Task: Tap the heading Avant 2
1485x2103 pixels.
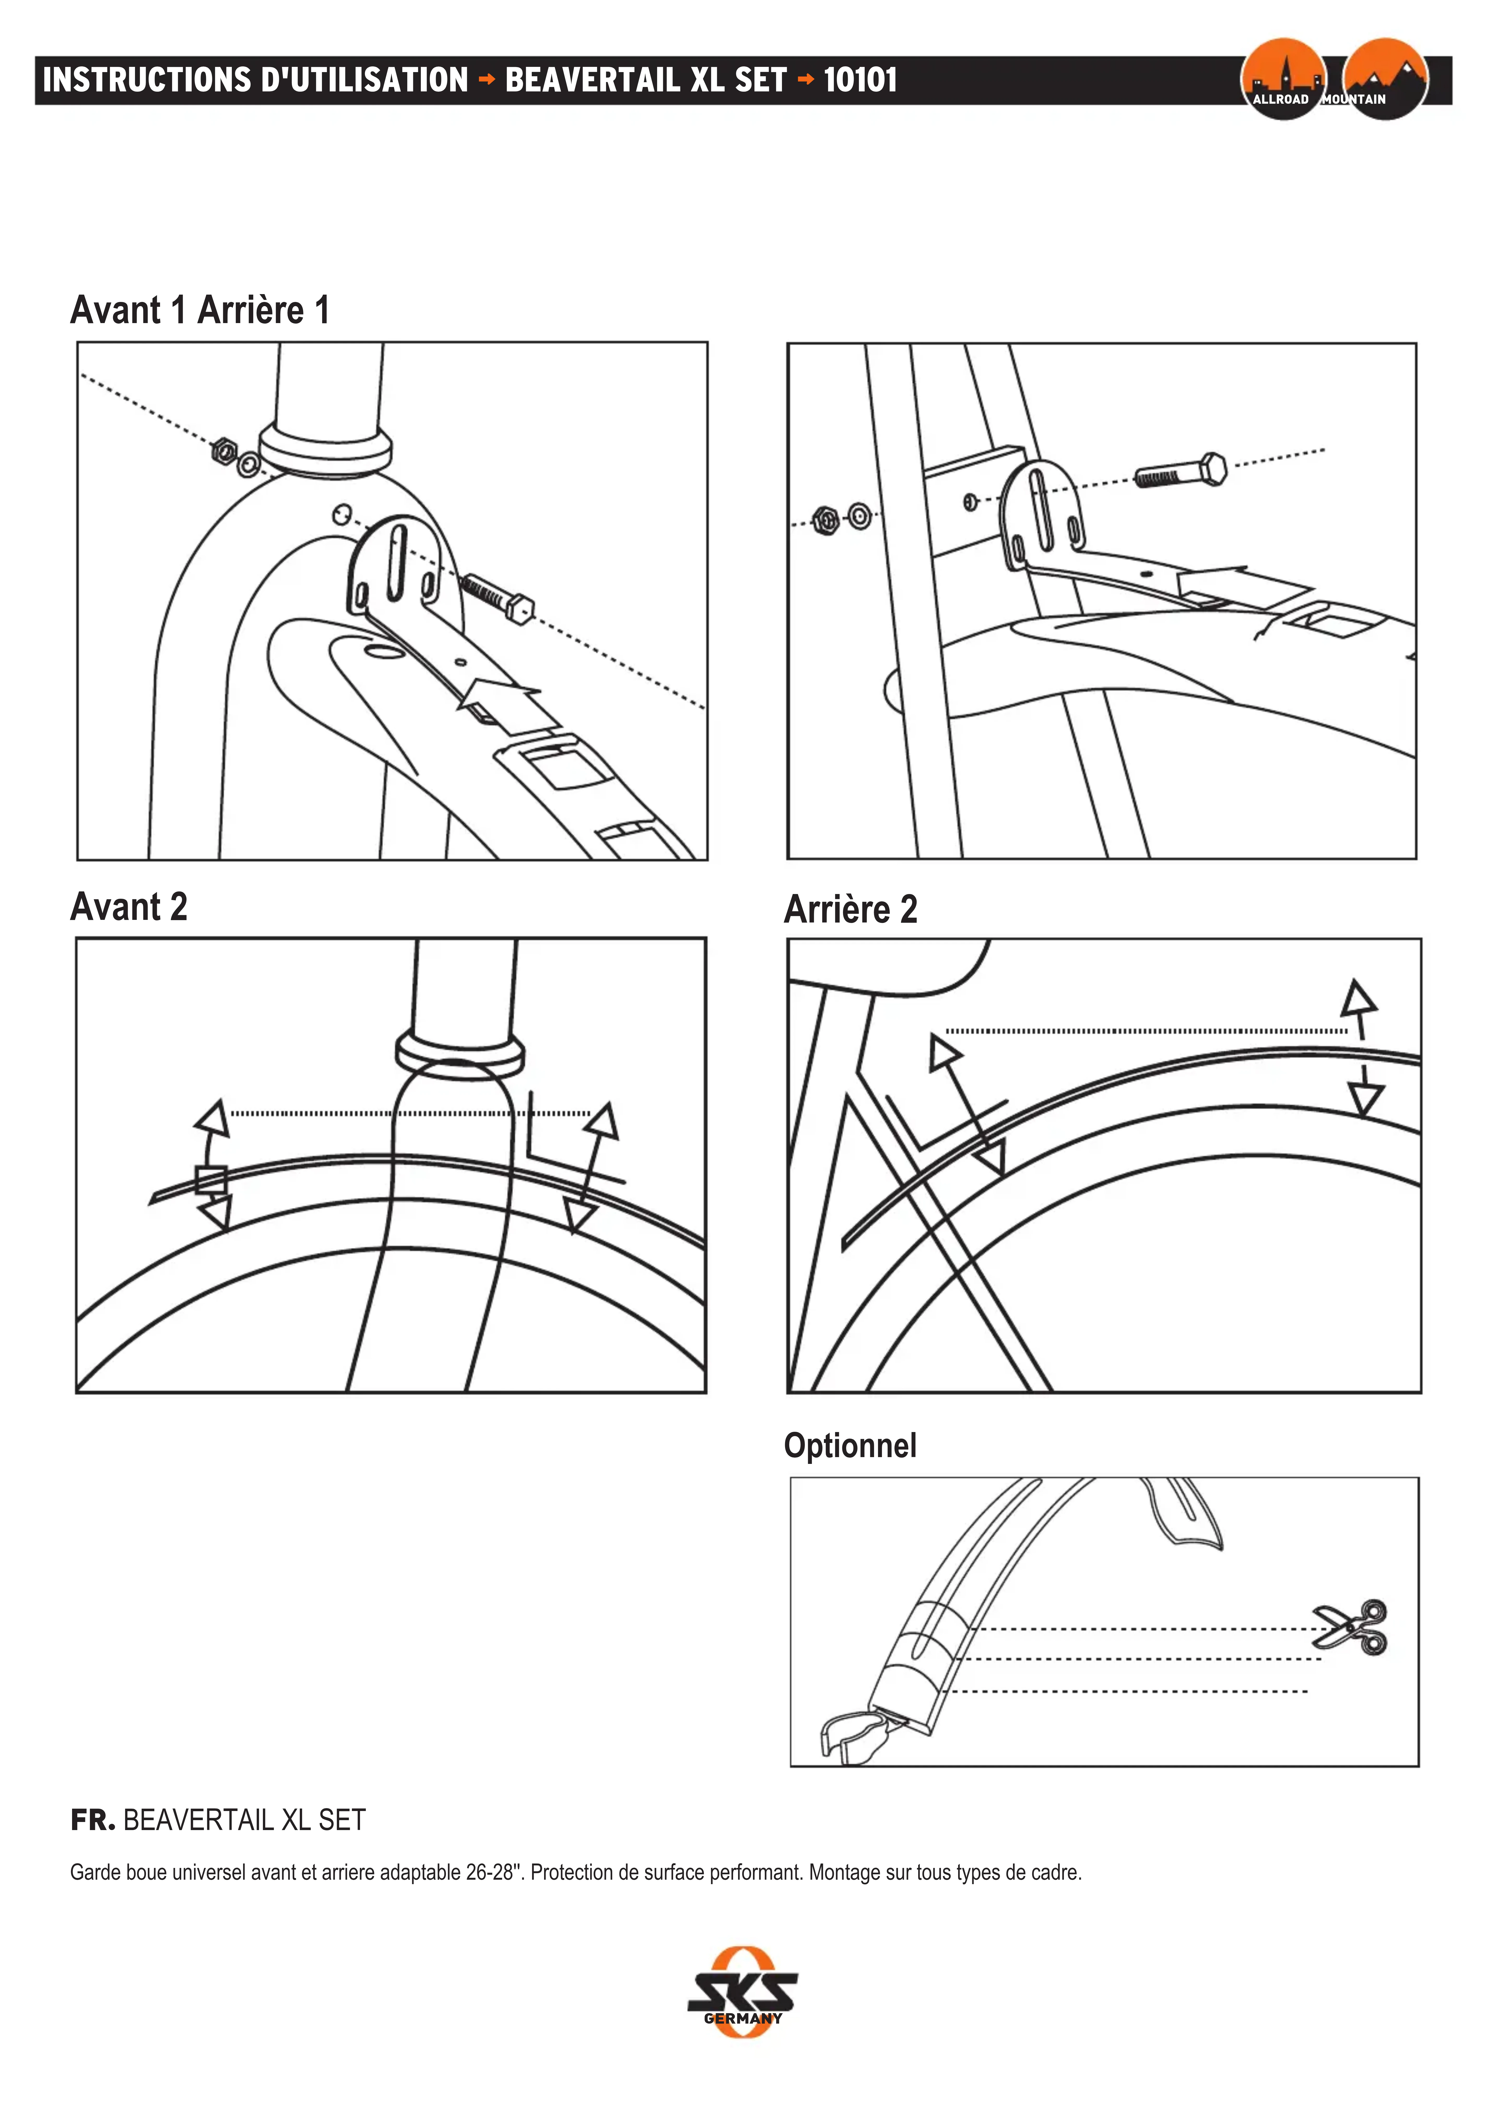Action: pos(129,907)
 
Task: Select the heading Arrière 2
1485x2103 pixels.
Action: pos(851,909)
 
